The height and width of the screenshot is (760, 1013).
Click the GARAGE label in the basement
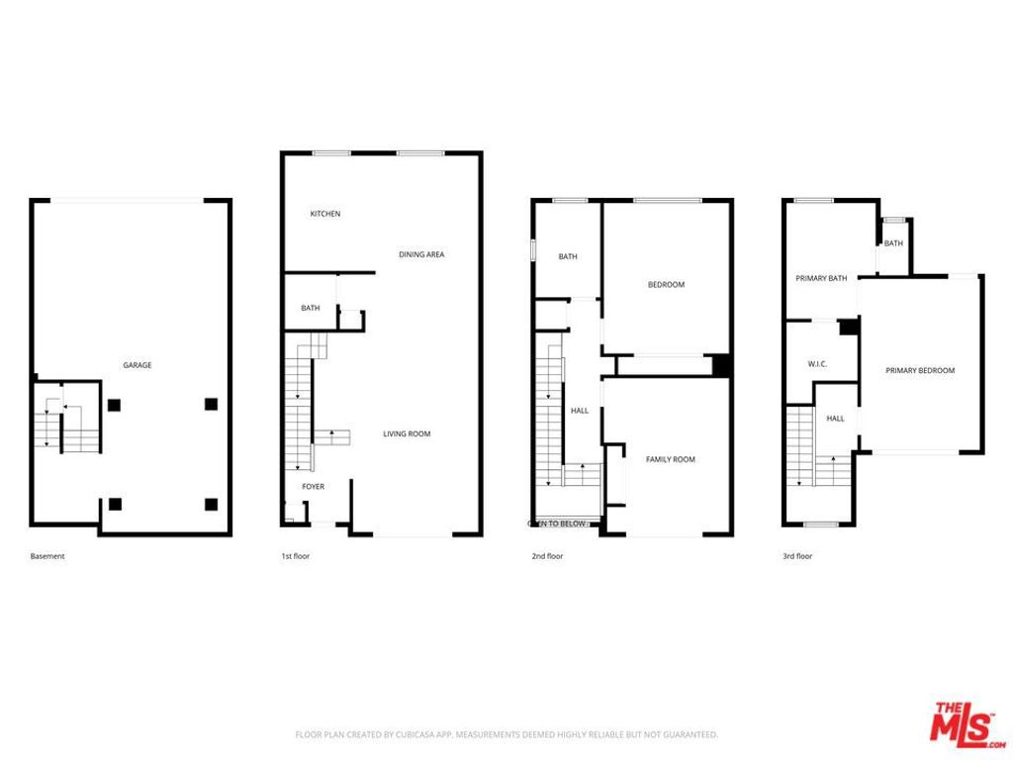click(x=138, y=365)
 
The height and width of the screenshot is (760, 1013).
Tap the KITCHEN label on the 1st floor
click(x=325, y=214)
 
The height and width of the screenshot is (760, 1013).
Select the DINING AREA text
click(x=421, y=254)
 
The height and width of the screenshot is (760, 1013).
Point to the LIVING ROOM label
click(x=408, y=433)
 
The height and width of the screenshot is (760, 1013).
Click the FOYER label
click(x=314, y=486)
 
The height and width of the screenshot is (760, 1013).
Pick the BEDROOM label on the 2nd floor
click(x=666, y=285)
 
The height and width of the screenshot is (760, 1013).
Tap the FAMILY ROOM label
click(x=671, y=459)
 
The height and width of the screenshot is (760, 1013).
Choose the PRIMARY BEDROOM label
click(x=920, y=370)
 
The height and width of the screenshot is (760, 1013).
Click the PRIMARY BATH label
click(x=821, y=278)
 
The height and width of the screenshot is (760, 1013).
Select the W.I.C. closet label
click(x=817, y=364)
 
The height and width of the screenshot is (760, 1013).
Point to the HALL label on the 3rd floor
click(x=836, y=419)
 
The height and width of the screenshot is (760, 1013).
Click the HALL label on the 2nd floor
click(x=580, y=410)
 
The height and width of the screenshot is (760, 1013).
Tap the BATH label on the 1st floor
click(x=311, y=309)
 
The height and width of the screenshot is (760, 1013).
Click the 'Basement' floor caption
click(x=47, y=556)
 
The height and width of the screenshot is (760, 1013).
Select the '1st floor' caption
click(x=296, y=556)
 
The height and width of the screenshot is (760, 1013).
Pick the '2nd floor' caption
click(x=547, y=556)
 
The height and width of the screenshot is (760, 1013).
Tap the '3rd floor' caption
click(x=797, y=556)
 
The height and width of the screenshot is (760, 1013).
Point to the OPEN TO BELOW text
click(x=557, y=522)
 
